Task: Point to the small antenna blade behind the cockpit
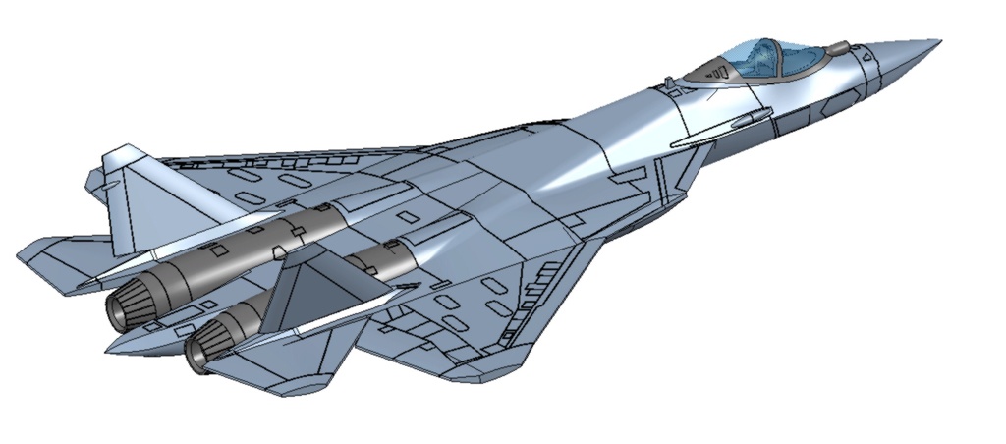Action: click(x=669, y=82)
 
